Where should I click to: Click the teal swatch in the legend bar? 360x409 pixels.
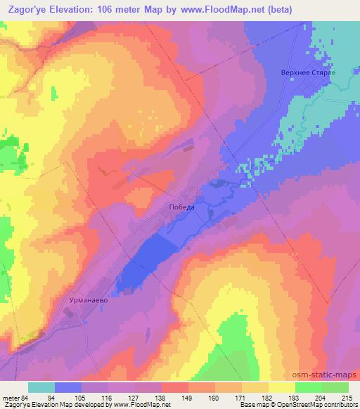tap(41, 387)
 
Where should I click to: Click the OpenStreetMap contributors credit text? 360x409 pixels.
tap(317, 404)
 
